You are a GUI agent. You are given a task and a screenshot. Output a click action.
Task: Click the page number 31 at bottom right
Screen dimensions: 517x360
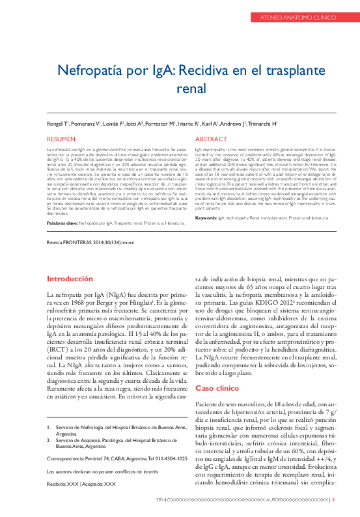click(x=334, y=500)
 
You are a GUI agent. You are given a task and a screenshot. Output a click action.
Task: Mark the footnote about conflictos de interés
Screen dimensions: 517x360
click(x=96, y=471)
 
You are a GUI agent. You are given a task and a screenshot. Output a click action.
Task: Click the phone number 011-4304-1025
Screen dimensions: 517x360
click(x=171, y=458)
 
